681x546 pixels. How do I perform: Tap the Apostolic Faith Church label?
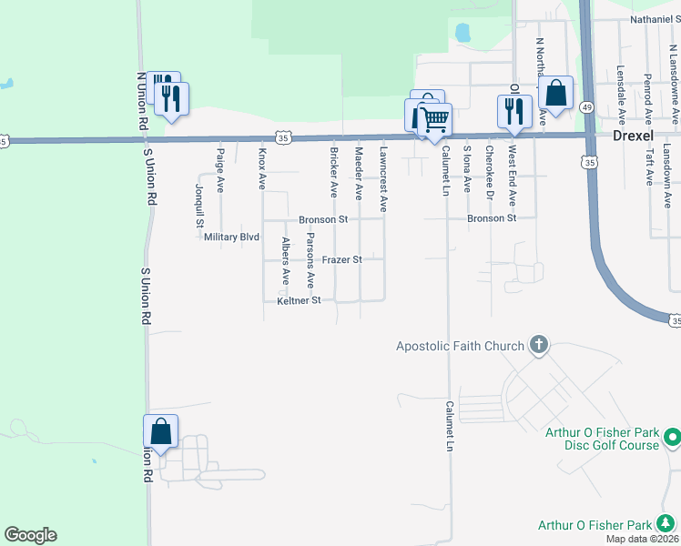pyautogui.click(x=460, y=346)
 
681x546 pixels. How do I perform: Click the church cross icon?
pyautogui.click(x=539, y=345)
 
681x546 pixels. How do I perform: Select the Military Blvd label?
pyautogui.click(x=232, y=237)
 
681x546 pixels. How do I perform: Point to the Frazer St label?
pyautogui.click(x=341, y=260)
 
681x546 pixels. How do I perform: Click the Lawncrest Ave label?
pyautogui.click(x=383, y=179)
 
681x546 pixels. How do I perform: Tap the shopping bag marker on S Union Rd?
pyautogui.click(x=160, y=433)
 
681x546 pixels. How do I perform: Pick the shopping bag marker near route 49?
pyautogui.click(x=554, y=93)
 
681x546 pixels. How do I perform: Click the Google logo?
pyautogui.click(x=30, y=535)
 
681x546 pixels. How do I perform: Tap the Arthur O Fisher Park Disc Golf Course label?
pyautogui.click(x=602, y=439)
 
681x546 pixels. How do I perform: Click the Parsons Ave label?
pyautogui.click(x=310, y=260)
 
